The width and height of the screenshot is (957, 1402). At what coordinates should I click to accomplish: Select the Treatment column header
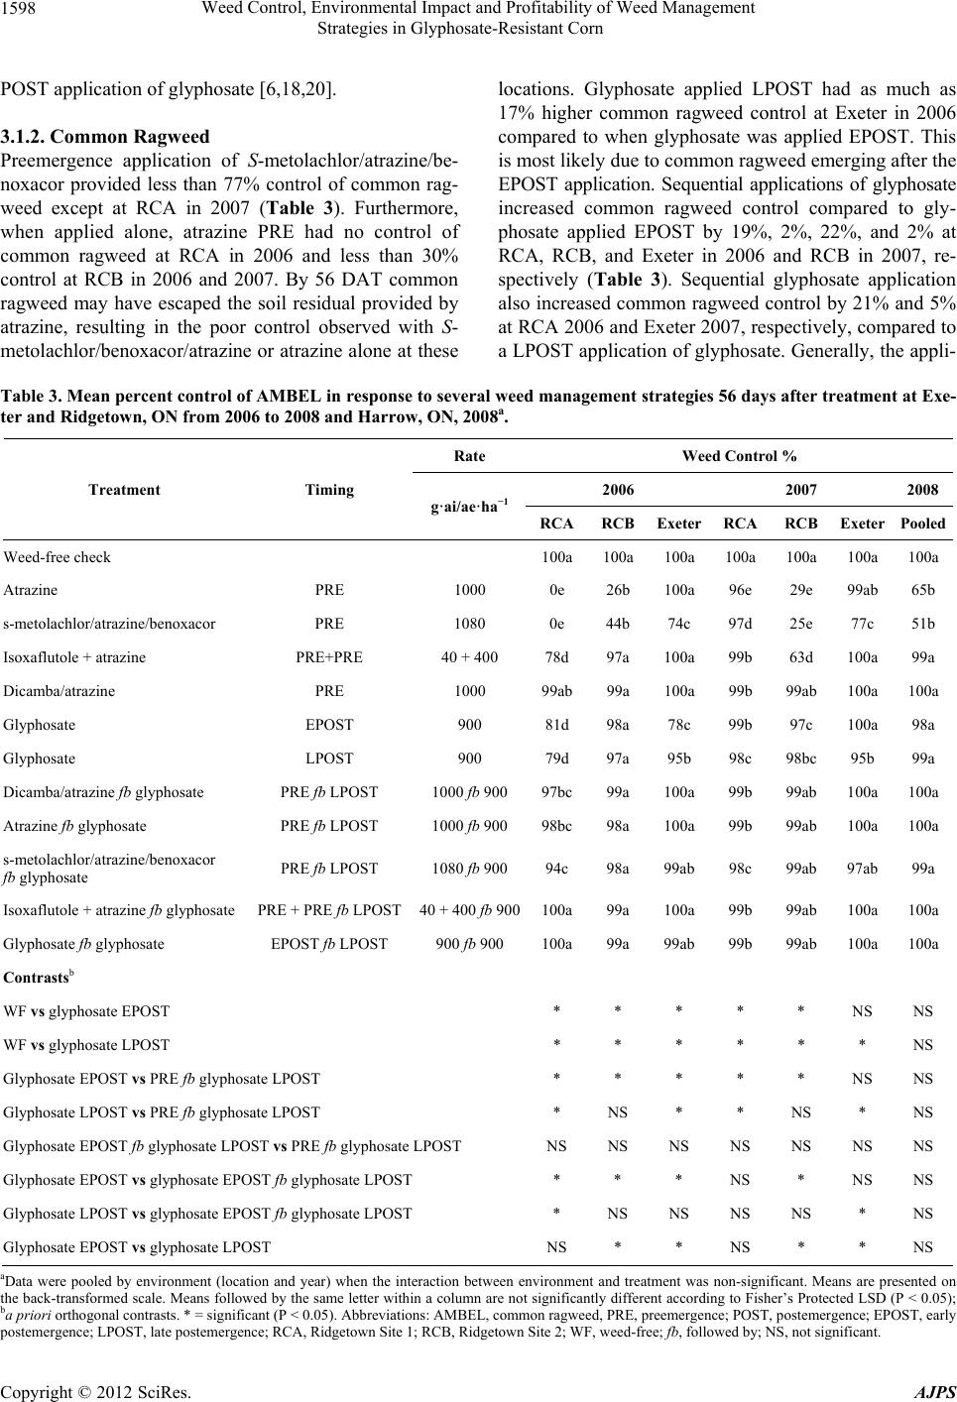tap(124, 489)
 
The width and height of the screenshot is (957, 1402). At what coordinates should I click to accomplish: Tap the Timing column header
tap(329, 489)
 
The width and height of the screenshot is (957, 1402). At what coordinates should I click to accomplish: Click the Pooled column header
tap(923, 523)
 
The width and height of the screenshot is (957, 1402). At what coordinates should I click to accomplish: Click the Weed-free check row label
tap(58, 557)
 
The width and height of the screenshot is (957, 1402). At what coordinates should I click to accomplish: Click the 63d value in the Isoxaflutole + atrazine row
tap(800, 657)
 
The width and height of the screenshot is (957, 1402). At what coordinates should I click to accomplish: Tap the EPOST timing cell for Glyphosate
tap(329, 725)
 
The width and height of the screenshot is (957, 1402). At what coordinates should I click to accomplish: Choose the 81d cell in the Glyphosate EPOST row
tap(557, 725)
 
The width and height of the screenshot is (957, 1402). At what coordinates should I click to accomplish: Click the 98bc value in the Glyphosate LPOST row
tap(800, 759)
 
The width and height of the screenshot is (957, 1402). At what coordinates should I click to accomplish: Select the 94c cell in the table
tap(557, 869)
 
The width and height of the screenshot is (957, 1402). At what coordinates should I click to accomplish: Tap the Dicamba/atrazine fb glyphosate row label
tap(104, 792)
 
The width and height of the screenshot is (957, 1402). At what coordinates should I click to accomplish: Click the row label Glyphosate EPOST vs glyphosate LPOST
tap(137, 1246)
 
